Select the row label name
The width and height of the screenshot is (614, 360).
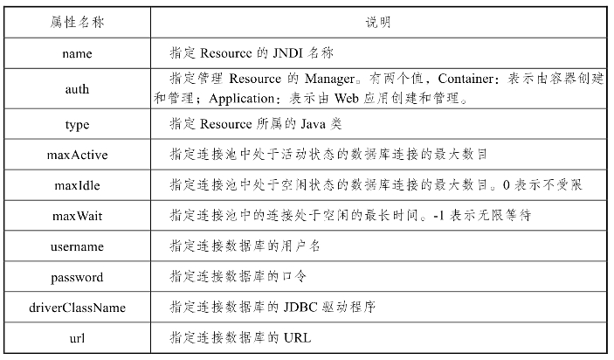(x=77, y=53)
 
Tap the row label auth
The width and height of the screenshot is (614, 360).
(x=77, y=89)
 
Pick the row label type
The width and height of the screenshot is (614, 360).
(x=77, y=125)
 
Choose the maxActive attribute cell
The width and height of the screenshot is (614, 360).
(x=77, y=155)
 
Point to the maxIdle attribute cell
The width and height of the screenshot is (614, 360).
(x=77, y=185)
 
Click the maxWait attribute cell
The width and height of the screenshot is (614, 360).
(x=77, y=216)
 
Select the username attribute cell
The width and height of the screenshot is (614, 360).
(x=77, y=246)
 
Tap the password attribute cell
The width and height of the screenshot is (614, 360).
(x=77, y=277)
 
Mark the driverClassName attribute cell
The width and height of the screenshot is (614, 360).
(x=77, y=308)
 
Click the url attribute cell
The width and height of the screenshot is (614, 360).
(x=77, y=337)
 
